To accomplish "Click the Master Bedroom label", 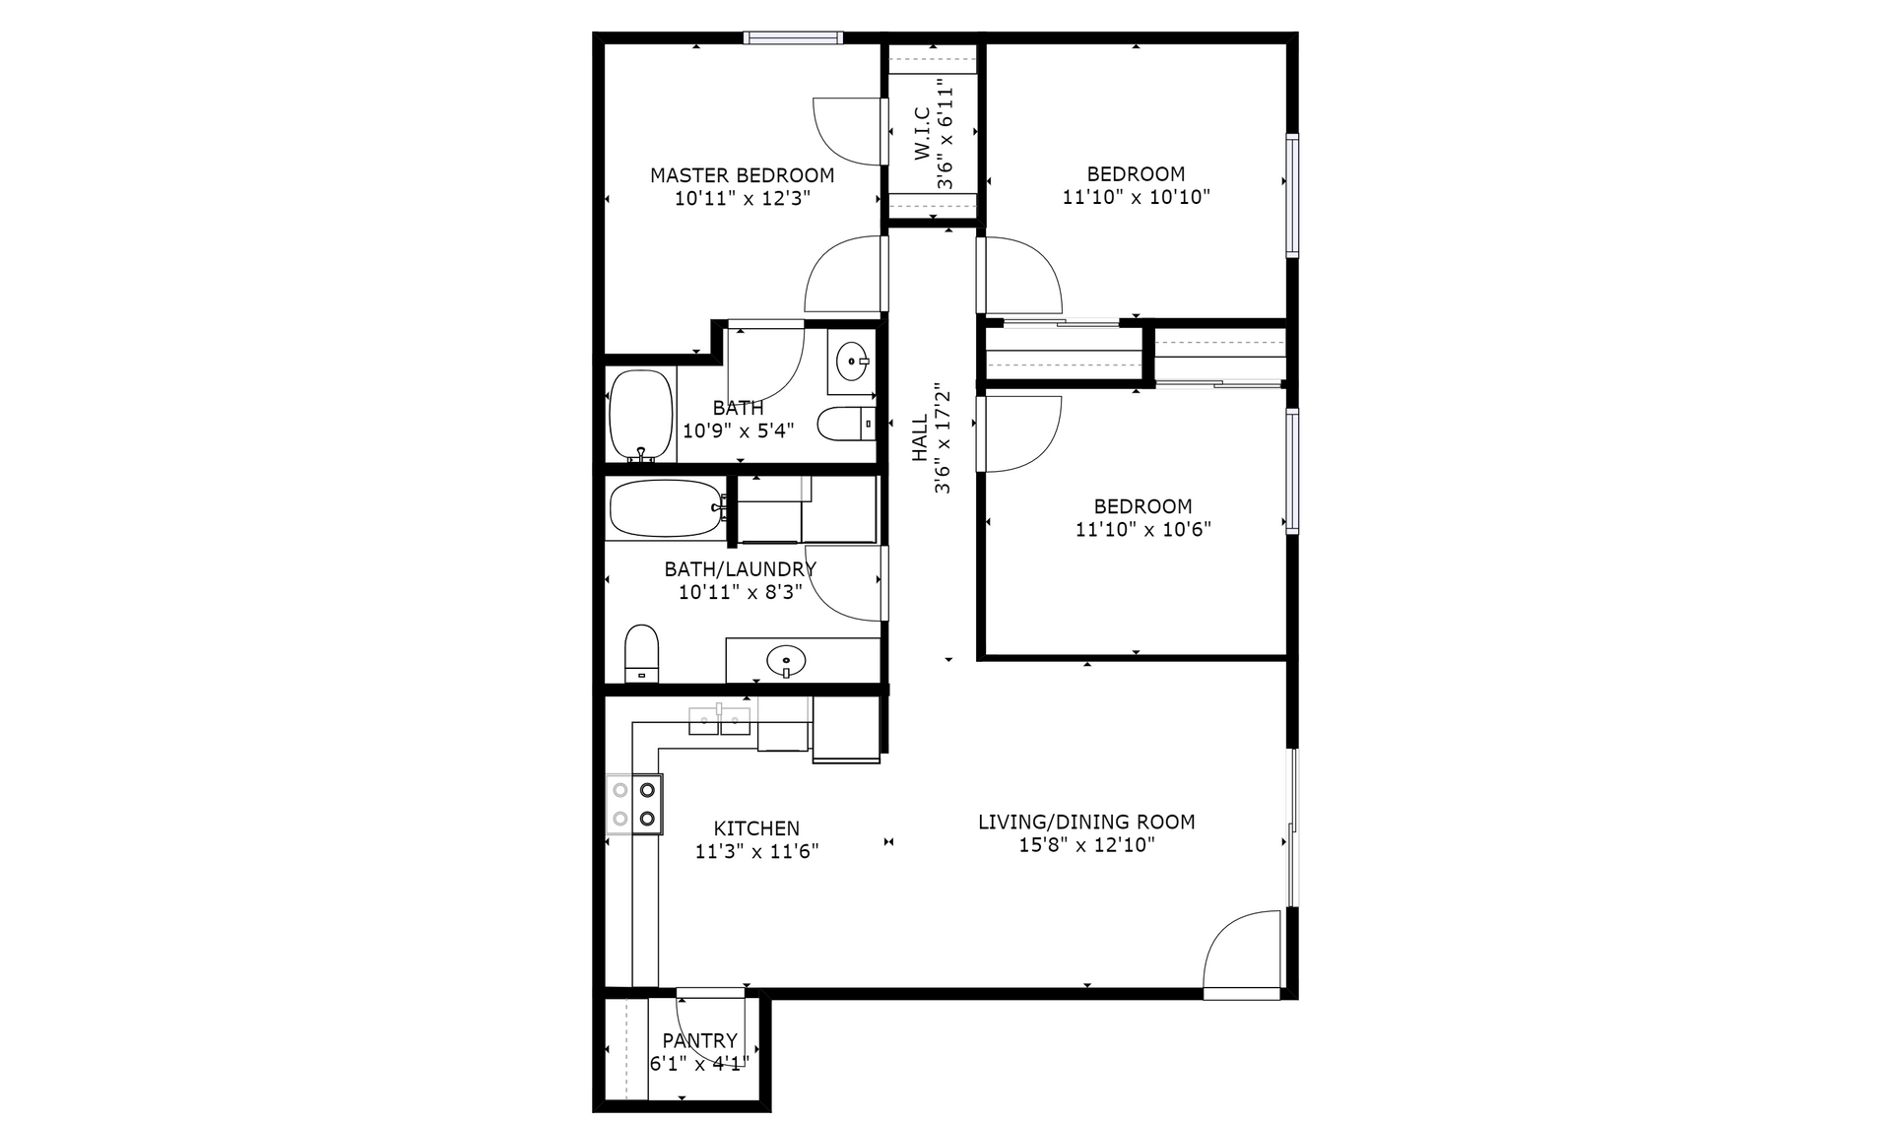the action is (742, 175).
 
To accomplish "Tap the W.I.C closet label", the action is (922, 134).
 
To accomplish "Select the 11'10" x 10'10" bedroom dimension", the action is (1136, 197).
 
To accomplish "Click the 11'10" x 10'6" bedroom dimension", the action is (1142, 529).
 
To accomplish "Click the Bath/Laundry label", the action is (740, 569).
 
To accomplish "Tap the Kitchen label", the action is (756, 828).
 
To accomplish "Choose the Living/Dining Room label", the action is (1086, 822).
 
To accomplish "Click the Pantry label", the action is (699, 1040).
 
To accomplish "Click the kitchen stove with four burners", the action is (634, 804).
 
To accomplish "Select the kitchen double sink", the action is (719, 721).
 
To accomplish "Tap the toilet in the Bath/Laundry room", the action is (641, 652).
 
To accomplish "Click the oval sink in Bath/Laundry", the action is (786, 659).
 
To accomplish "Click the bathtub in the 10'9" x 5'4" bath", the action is (641, 416).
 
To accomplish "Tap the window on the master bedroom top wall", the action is (793, 37).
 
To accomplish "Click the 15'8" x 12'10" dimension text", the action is (1086, 845).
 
